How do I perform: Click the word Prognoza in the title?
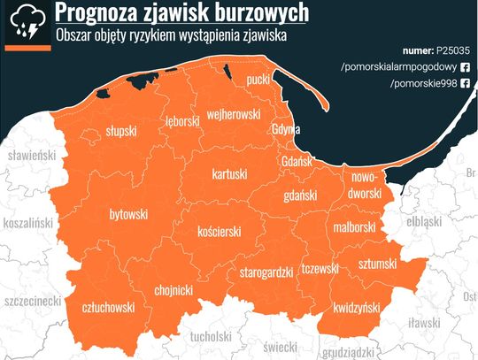(96, 12)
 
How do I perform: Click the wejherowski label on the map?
(232, 115)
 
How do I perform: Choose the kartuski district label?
(229, 175)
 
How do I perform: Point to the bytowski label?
(127, 215)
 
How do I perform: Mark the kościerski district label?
(219, 232)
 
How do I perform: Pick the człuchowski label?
(108, 307)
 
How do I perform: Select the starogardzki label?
(266, 273)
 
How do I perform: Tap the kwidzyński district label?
(357, 307)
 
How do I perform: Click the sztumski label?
(378, 264)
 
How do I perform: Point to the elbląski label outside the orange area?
(423, 222)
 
